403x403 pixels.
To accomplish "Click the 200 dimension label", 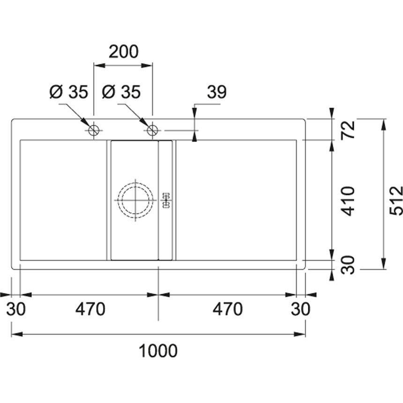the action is click(x=124, y=52).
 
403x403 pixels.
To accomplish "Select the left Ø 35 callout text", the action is click(x=69, y=92).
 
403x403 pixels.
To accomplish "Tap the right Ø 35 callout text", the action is click(x=121, y=92).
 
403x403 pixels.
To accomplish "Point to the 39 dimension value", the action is click(x=216, y=92).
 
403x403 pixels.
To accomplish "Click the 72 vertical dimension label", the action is click(x=348, y=130).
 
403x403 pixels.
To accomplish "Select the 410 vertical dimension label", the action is click(x=348, y=201).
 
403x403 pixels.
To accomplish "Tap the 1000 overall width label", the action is click(x=158, y=351).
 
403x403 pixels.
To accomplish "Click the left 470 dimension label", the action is click(x=90, y=309).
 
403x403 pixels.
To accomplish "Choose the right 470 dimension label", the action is click(x=227, y=309).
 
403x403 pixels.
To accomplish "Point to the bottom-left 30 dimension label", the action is click(x=16, y=309).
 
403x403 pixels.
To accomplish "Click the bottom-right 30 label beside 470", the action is click(x=301, y=309).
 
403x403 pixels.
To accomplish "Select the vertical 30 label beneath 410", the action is click(x=348, y=265).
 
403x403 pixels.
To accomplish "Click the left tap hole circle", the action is click(x=94, y=131).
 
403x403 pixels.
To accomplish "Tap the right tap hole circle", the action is click(x=152, y=131).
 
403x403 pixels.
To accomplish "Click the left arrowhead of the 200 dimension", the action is click(x=100, y=66).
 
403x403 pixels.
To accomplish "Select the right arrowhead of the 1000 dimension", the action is click(x=299, y=335).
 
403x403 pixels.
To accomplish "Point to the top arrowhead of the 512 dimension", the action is click(x=384, y=125).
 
